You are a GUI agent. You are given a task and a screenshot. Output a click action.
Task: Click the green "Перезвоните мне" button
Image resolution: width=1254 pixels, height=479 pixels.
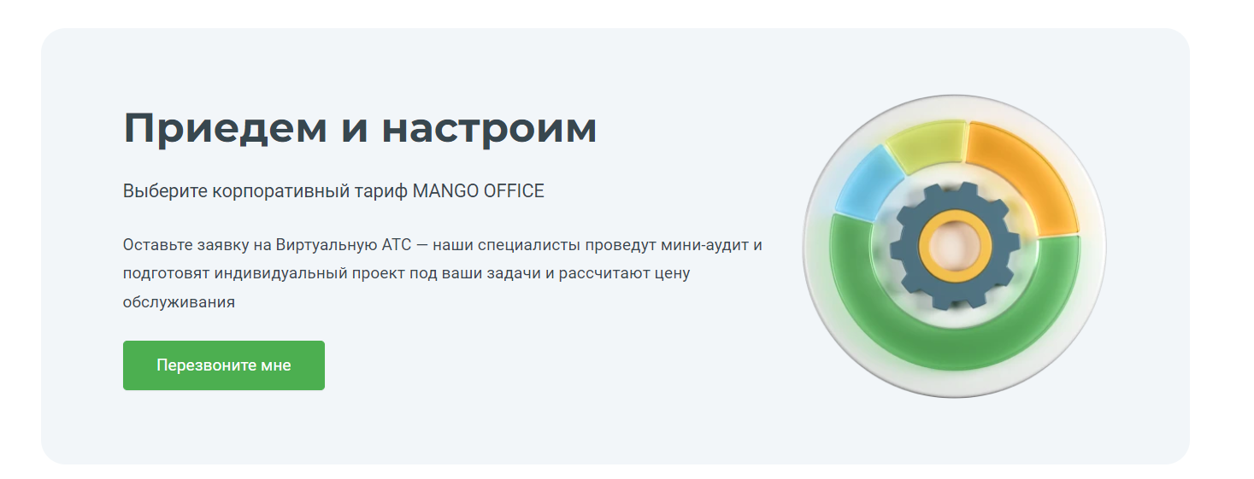tap(224, 365)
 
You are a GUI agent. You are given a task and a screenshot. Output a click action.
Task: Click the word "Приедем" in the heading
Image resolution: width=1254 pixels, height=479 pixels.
tap(225, 129)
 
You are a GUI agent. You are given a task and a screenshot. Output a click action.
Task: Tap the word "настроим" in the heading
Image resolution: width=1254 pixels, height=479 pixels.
tap(489, 129)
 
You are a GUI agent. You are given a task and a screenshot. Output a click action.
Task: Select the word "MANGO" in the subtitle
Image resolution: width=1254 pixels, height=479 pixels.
tap(445, 191)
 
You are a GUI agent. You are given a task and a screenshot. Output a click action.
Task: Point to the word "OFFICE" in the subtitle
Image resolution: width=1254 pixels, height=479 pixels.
tap(514, 191)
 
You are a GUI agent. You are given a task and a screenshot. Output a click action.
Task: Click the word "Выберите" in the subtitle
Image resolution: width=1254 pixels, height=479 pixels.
tap(165, 191)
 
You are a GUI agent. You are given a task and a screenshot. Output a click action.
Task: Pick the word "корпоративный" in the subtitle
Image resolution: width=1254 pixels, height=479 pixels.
tap(280, 192)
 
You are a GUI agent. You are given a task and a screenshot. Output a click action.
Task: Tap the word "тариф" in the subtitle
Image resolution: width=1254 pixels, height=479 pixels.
tap(380, 192)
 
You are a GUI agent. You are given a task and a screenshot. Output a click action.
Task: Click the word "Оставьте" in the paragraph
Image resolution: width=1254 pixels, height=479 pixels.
tap(157, 245)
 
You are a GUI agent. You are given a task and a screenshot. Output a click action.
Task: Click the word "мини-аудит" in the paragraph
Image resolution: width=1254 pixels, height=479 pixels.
tap(705, 245)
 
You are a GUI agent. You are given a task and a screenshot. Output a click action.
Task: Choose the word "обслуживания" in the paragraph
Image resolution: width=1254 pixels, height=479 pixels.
tap(180, 302)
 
